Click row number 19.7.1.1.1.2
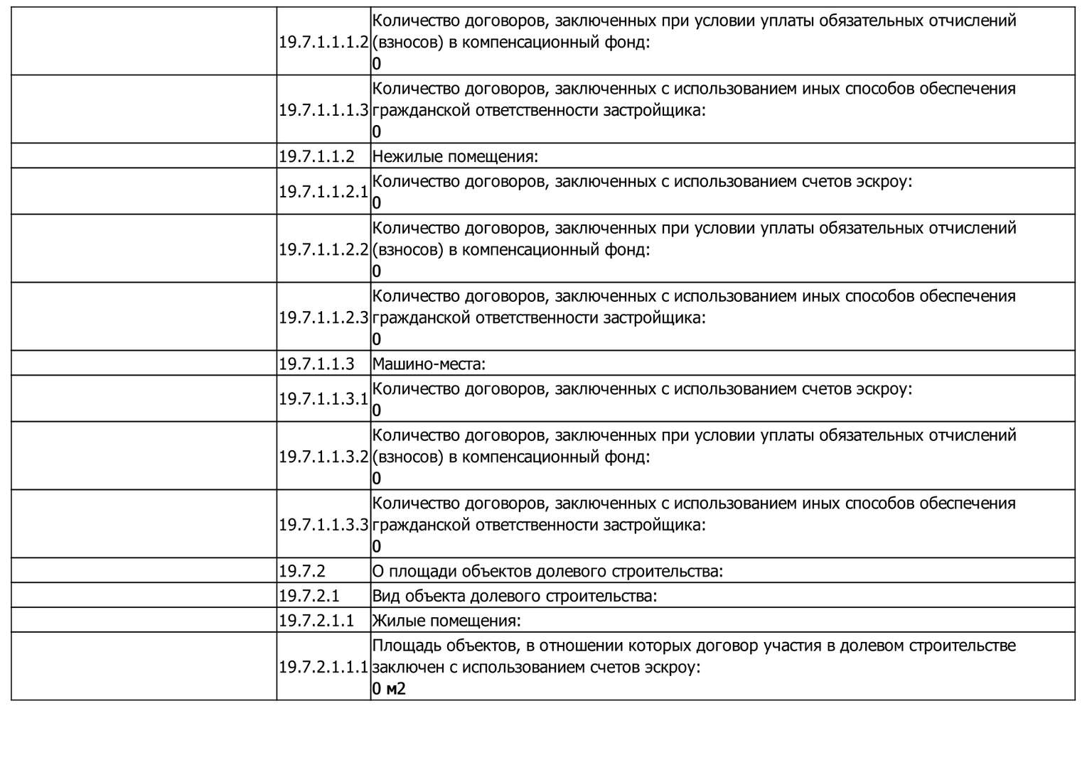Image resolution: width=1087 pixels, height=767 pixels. (323, 42)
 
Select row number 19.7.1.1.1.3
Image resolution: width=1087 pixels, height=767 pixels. (323, 110)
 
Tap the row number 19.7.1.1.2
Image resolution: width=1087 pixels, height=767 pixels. (316, 156)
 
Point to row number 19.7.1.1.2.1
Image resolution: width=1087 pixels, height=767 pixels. (323, 192)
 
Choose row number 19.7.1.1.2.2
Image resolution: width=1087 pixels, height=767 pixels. (323, 249)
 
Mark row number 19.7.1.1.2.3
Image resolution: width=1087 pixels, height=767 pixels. (323, 317)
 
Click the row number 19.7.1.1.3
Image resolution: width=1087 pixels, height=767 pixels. (316, 364)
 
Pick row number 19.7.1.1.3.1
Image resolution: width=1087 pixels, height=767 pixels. (323, 399)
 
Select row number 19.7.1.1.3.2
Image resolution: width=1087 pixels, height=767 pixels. (323, 457)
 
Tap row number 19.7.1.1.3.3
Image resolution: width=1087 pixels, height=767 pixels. (323, 525)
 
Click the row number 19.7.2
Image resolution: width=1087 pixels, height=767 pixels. (302, 571)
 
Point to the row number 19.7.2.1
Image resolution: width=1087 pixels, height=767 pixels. (309, 595)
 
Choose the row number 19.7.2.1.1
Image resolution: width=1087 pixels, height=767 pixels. (316, 620)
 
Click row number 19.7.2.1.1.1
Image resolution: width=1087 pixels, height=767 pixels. (323, 667)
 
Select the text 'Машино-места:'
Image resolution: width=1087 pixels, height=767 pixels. (429, 364)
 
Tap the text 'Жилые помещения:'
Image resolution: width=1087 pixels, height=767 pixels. (446, 620)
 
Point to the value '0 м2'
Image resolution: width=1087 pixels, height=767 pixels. (389, 688)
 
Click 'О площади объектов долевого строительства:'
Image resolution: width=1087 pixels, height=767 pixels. (547, 571)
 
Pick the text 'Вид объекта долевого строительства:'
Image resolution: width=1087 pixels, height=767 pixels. (515, 595)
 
